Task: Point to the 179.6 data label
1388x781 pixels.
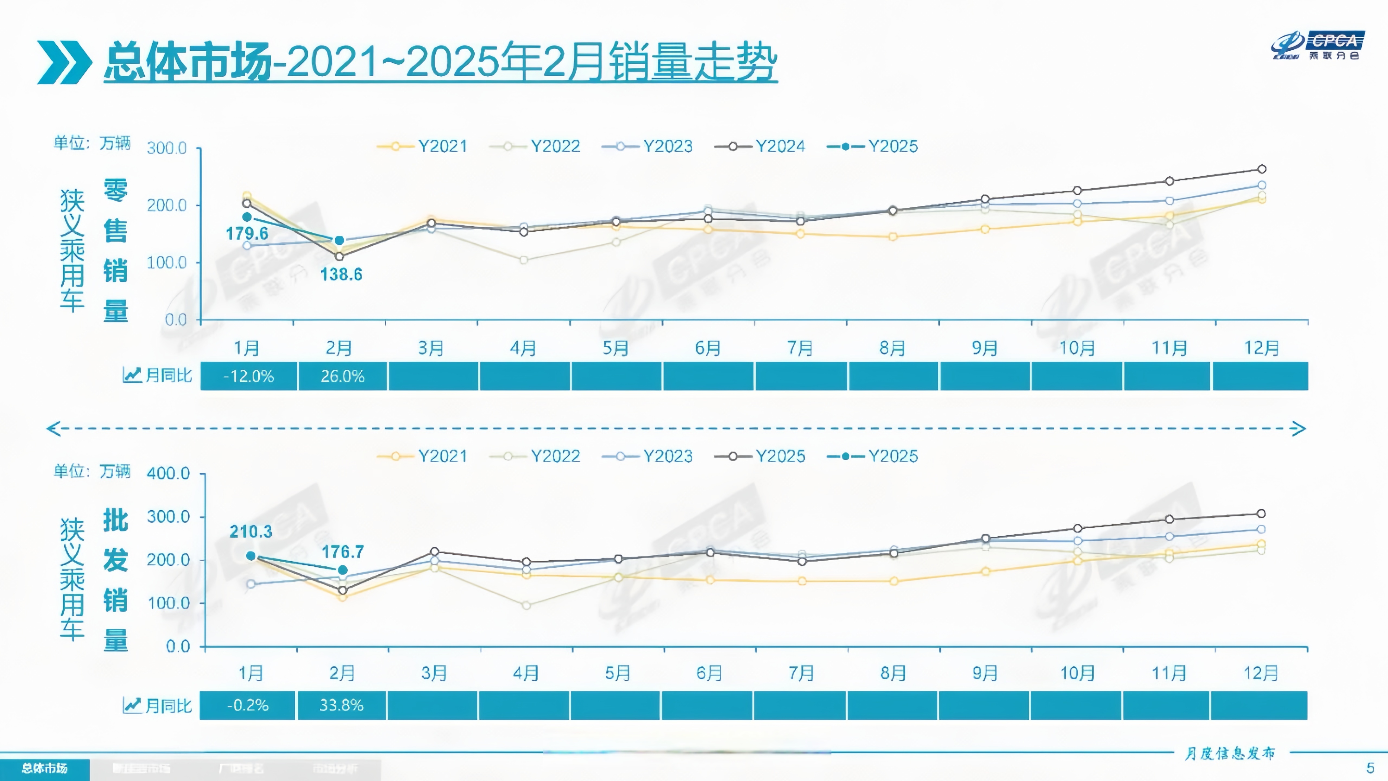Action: coord(247,233)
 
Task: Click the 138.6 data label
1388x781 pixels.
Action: coord(341,274)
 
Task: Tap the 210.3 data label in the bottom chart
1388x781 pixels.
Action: coord(250,532)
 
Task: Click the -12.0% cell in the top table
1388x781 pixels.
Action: coord(248,376)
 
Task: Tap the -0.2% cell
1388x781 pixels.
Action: coord(247,705)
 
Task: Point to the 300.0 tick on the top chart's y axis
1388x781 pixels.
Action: coord(167,148)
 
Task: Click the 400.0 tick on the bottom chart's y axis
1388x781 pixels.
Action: coord(168,473)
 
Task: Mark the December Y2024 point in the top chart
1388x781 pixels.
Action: coord(1261,169)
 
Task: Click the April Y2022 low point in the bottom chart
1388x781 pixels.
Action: coord(526,605)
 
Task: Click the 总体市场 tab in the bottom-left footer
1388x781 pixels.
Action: coord(45,768)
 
